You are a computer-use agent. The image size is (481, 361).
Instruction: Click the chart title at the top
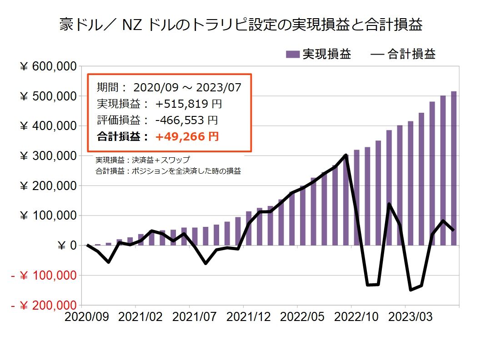click(x=241, y=25)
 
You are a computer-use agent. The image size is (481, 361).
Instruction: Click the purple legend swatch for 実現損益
click(x=293, y=55)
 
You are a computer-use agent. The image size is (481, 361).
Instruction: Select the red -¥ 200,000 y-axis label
click(x=44, y=306)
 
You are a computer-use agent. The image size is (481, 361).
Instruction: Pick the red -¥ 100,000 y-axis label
click(x=44, y=276)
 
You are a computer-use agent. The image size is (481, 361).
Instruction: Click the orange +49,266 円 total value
click(x=187, y=136)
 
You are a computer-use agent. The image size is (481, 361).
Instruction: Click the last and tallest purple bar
click(x=453, y=168)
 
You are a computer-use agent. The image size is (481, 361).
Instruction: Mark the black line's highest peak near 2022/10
click(x=346, y=155)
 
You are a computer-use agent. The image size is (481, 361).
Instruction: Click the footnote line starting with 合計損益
click(x=168, y=171)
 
